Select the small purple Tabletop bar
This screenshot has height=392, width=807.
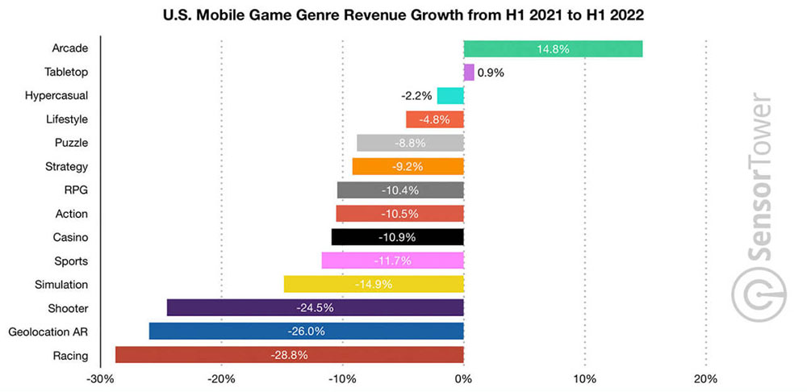pyautogui.click(x=469, y=73)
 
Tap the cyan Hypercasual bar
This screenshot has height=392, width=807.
pyautogui.click(x=450, y=96)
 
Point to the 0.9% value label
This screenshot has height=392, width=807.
pyautogui.click(x=491, y=73)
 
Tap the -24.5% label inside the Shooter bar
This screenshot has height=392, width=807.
pyautogui.click(x=315, y=308)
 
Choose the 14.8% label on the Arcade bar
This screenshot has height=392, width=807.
pyautogui.click(x=553, y=49)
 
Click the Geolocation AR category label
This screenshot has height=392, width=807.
pyautogui.click(x=48, y=332)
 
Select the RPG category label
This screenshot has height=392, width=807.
pyautogui.click(x=76, y=190)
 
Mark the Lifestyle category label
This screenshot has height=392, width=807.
pyautogui.click(x=67, y=119)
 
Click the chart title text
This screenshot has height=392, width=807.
pyautogui.click(x=403, y=15)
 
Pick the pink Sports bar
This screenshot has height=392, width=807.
pyautogui.click(x=392, y=261)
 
